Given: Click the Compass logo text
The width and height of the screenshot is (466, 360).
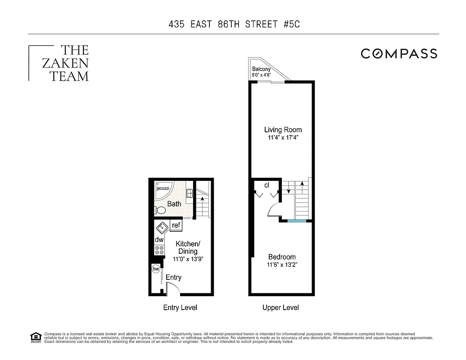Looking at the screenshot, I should pos(399,54).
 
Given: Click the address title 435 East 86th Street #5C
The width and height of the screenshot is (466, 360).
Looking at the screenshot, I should pos(233,24).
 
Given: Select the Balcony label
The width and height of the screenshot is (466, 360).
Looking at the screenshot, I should pos(261,69).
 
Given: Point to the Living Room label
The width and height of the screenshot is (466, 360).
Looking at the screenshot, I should pos(283,130).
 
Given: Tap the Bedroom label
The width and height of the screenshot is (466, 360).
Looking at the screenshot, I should pos(281,257).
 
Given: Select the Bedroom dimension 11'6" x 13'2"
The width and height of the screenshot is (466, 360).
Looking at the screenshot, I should pos(281,265).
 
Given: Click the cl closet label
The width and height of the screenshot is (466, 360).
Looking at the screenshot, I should pos(267,185).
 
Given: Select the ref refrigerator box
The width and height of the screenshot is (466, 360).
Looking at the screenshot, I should pos(176,225).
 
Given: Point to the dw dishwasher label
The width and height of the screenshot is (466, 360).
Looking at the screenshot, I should pos(159,240).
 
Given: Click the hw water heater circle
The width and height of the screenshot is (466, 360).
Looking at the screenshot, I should pos(156,269).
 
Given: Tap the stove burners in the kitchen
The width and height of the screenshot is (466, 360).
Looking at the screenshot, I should pos(159,250).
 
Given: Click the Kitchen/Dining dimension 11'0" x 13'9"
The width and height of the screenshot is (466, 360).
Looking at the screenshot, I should pos(188,259).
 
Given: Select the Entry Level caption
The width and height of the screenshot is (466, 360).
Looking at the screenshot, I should pos(180,308).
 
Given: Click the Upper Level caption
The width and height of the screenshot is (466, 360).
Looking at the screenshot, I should pos(281,308).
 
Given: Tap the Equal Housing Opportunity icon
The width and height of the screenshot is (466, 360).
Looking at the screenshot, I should pos(35,337).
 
